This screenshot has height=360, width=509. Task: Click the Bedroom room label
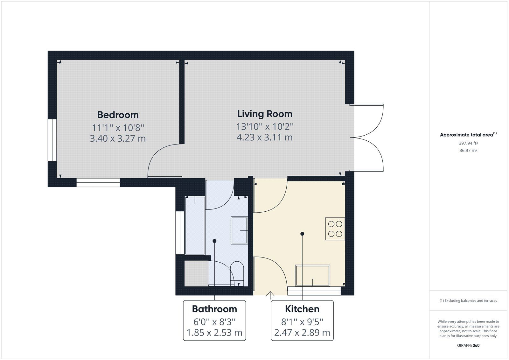coord(118,115)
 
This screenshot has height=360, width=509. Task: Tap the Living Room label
coord(265,114)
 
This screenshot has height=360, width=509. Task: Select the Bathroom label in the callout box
coord(214,309)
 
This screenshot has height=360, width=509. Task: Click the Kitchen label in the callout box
coord(302,309)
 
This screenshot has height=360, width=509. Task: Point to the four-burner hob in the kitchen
coord(335,229)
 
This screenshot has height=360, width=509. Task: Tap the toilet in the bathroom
coord(237,273)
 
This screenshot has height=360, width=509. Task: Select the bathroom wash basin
coord(239,230)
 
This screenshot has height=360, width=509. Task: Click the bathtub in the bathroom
coord(195,225)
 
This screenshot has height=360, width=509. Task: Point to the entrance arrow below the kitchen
coord(270,295)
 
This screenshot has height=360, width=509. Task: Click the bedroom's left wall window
coord(52,140)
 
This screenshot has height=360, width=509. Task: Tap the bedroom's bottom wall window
coord(98,182)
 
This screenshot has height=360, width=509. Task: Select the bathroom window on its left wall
coord(180,233)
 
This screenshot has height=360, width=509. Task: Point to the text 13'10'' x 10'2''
coord(265,127)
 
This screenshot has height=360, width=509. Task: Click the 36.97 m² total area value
coord(468,151)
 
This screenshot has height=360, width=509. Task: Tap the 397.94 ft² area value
coord(468,143)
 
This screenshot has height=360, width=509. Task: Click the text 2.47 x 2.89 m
coord(302,333)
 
